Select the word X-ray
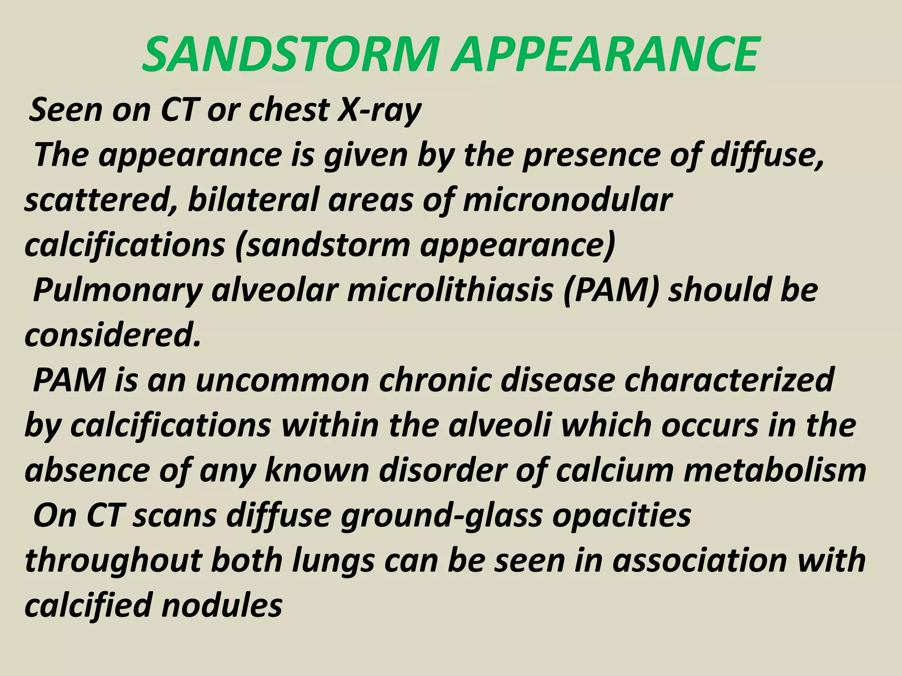click(x=379, y=110)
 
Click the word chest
click(x=289, y=110)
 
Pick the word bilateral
click(x=253, y=200)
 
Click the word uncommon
click(x=282, y=381)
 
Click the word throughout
click(x=113, y=561)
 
